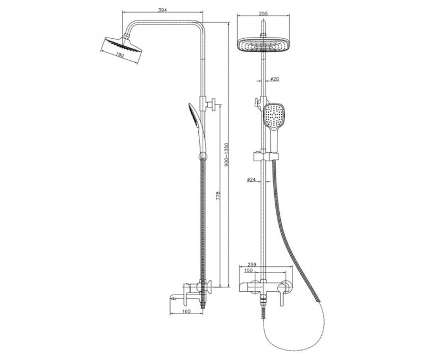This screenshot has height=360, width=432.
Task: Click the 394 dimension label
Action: [x=163, y=10]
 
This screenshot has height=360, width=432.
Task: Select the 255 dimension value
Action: [x=264, y=13]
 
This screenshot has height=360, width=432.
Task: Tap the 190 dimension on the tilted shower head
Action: [x=120, y=55]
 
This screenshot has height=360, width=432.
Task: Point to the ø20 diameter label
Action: [x=274, y=79]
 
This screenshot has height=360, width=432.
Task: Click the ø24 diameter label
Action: [x=251, y=179]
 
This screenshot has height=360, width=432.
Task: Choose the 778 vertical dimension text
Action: [x=218, y=196]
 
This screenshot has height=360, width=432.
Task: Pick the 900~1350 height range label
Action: [x=227, y=155]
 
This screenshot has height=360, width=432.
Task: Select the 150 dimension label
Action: [x=249, y=270]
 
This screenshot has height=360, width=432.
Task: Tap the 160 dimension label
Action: [x=187, y=311]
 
